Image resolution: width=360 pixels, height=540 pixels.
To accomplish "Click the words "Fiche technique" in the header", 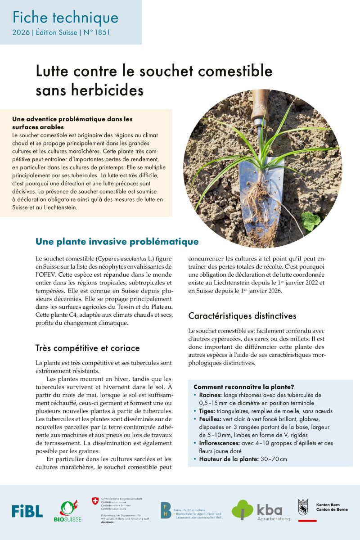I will [65, 18].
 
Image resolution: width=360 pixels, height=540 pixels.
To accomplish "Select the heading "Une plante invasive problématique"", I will [117, 242].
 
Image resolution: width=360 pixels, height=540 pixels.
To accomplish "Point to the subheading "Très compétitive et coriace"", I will [88, 348].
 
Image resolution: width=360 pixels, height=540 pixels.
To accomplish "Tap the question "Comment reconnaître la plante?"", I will [244, 387].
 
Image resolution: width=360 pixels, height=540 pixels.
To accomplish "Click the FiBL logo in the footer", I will [27, 511].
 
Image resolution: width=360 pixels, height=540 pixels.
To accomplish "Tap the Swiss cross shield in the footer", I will [95, 500].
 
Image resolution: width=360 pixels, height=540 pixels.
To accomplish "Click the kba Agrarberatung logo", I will [261, 510].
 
